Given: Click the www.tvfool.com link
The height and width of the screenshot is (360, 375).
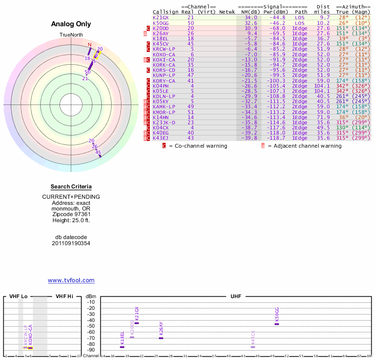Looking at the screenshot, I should (71, 280).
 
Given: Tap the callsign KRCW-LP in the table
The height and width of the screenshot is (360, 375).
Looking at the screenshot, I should (164, 49).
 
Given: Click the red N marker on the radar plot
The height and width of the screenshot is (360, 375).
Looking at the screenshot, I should (90, 45).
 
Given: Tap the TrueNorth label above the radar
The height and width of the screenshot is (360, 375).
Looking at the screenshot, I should (71, 35).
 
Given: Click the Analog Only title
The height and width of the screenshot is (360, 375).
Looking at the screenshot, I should (71, 24).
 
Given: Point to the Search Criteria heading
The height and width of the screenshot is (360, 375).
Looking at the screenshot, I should (71, 187).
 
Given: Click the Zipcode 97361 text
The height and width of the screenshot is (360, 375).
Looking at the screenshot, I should (71, 214).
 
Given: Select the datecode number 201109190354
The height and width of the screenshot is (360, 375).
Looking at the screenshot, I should (71, 243).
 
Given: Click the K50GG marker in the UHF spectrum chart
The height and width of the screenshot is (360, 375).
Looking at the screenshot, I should (277, 324).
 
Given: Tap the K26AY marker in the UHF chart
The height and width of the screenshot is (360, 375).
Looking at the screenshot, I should (161, 338).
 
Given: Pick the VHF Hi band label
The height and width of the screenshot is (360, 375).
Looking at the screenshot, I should (65, 296).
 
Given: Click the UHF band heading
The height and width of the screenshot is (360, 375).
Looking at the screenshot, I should (235, 296).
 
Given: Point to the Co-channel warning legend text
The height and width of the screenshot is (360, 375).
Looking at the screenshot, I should (198, 146).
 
